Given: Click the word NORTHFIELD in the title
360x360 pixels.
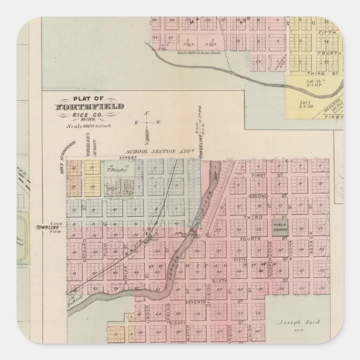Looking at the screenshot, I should point(89,107).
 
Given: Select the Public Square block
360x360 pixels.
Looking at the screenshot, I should point(280,228).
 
